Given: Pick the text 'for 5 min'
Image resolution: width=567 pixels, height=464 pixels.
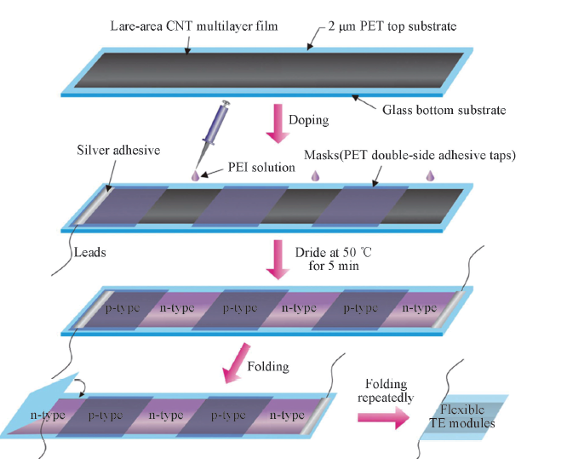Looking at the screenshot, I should click(335, 266).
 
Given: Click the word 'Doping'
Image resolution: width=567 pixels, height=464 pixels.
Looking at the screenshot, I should click(310, 120).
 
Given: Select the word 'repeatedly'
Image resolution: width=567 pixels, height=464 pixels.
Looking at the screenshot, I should click(387, 398).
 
